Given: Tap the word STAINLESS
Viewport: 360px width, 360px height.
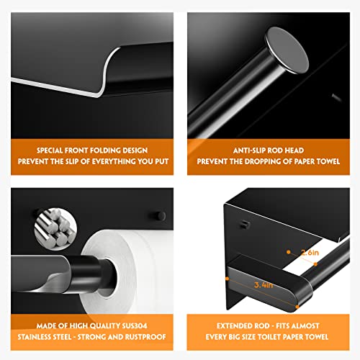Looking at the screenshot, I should click(45, 338).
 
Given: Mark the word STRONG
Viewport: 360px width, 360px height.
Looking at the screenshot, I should click(95, 338).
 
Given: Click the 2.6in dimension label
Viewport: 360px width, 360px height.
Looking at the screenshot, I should click(310, 253).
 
